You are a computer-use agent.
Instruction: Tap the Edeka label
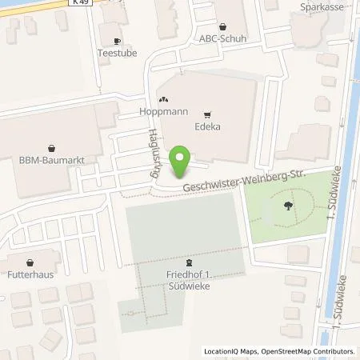[x=207, y=126]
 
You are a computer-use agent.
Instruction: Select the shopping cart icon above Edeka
[x=207, y=114]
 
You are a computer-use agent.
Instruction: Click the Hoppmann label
[x=163, y=113]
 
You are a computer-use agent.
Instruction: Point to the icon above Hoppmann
[x=163, y=100]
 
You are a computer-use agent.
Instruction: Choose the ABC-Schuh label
[x=222, y=38]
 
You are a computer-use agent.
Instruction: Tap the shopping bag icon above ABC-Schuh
[x=222, y=26]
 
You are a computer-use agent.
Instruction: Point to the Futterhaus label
[x=30, y=274]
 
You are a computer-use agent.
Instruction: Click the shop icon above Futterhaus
[x=30, y=261]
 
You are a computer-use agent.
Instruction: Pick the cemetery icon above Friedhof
[x=189, y=262]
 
